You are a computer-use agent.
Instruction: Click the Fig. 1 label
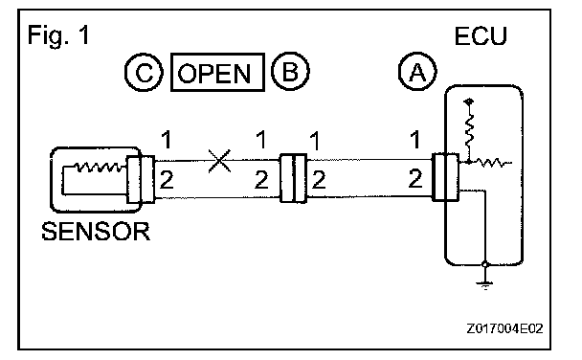click(x=58, y=35)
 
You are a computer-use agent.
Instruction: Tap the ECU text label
click(x=481, y=36)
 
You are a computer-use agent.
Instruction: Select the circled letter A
click(x=417, y=71)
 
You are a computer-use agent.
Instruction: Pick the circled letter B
click(x=290, y=71)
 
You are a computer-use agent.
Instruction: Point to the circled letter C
click(x=144, y=72)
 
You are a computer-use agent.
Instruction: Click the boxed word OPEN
click(x=217, y=72)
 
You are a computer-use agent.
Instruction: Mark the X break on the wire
click(x=219, y=161)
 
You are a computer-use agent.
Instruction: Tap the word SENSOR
click(x=96, y=232)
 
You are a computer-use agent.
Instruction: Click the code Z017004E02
click(x=504, y=328)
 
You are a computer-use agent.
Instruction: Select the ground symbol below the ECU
click(x=485, y=284)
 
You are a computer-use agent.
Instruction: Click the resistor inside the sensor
click(x=100, y=168)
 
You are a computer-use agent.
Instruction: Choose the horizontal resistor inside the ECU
click(x=491, y=163)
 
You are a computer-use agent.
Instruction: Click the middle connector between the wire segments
click(x=293, y=178)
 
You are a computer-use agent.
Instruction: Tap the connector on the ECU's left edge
click(x=445, y=177)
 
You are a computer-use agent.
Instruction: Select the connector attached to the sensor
click(x=141, y=179)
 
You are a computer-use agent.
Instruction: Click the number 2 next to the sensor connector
click(x=167, y=180)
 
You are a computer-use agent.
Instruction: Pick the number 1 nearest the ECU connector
click(x=415, y=140)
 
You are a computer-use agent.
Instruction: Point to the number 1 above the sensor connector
click(x=167, y=140)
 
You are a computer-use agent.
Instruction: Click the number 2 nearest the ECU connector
click(x=415, y=178)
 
